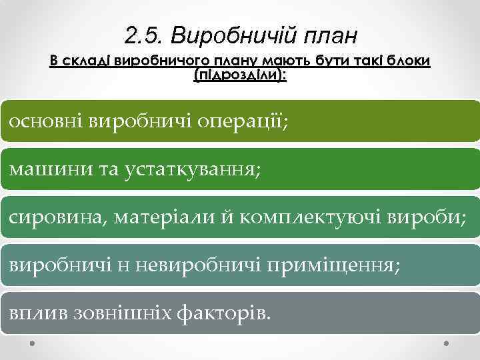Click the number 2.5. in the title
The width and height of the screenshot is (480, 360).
point(142,33)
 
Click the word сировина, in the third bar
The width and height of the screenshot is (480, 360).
point(56,217)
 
